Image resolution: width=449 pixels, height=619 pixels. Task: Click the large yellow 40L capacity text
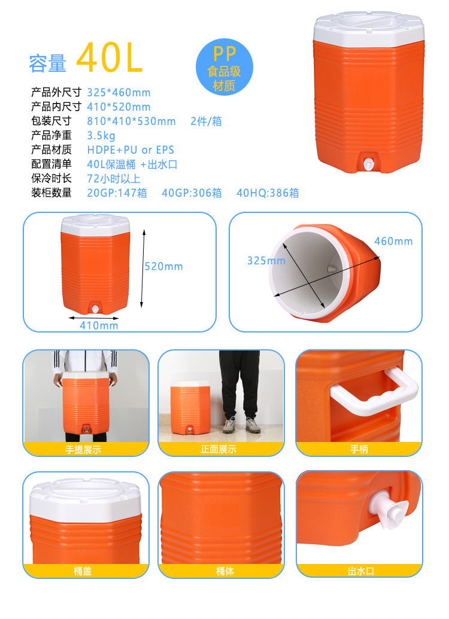[x=109, y=57]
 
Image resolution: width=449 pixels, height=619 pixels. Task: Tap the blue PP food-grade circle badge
[x=224, y=67]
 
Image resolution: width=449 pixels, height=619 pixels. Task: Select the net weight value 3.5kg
[x=101, y=136]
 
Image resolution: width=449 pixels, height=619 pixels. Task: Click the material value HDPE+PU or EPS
[x=131, y=150]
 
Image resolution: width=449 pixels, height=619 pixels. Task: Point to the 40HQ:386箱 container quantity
[x=268, y=193]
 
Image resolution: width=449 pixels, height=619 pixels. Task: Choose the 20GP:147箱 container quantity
[x=117, y=193]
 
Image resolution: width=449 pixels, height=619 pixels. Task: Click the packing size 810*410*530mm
[x=131, y=121]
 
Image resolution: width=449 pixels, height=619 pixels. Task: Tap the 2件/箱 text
[x=206, y=121]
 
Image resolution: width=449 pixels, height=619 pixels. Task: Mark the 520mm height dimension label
[x=163, y=267]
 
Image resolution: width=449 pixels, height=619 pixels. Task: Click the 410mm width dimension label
[x=99, y=326]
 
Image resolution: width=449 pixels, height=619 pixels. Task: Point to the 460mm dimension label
[x=393, y=241]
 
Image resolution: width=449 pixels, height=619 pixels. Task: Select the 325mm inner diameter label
[x=266, y=261]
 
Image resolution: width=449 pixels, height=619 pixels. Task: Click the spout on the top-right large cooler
[x=368, y=164]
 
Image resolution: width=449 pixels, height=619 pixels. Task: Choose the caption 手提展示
[x=83, y=450]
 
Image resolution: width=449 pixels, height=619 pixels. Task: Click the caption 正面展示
[x=219, y=449]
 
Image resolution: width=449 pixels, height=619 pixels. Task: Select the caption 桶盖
[x=83, y=571]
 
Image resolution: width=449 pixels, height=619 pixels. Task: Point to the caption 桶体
[x=225, y=571]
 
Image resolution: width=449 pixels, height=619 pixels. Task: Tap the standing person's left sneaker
[x=230, y=426]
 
